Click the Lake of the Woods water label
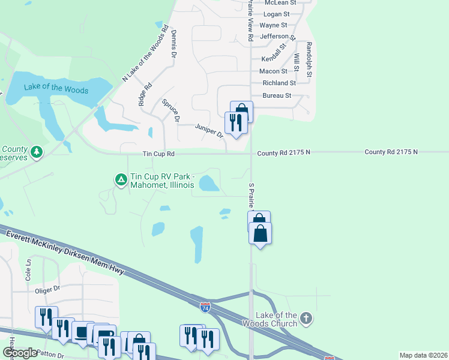tap(56, 89)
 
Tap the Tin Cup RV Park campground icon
tap(121, 179)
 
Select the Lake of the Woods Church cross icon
tap(306, 318)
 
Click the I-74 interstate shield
tap(205, 307)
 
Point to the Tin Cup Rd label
tap(158, 154)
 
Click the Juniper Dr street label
tap(209, 130)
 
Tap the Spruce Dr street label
tap(171, 110)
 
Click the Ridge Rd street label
tap(145, 94)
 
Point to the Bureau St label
tap(277, 95)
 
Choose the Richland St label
tap(279, 83)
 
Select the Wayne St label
tap(273, 25)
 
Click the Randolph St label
tap(309, 59)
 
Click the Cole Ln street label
tap(28, 274)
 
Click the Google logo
tap(20, 353)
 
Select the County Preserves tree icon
tap(37, 152)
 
